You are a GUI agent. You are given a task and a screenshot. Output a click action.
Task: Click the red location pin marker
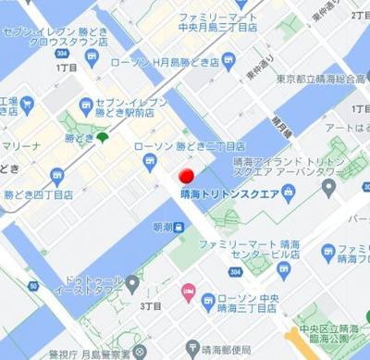[x=186, y=175]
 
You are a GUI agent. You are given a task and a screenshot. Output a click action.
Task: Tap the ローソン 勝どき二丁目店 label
[x=190, y=146]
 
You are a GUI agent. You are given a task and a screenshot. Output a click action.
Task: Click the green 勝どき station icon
[x=101, y=139]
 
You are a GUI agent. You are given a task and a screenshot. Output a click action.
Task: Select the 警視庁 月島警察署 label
[x=96, y=351]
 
